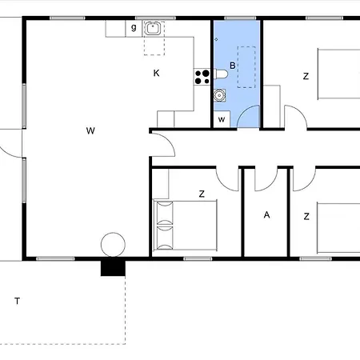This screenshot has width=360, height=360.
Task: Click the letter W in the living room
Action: point(90,130)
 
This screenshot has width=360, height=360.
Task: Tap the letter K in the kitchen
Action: point(157,73)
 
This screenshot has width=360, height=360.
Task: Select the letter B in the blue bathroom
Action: point(233,66)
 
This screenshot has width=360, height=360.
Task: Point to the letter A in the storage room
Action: point(266,214)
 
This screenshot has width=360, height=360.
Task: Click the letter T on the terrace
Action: point(17,301)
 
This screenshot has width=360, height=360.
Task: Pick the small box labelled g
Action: point(134,29)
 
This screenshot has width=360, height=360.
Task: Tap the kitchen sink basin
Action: point(152,28)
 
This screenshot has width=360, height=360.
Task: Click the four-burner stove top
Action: point(202,77)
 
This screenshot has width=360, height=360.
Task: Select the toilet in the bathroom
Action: point(221,74)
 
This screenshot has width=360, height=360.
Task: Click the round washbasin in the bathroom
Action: point(219,95)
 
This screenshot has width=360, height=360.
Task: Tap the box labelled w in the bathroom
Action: point(222,119)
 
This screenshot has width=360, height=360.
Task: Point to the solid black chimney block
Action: point(113,268)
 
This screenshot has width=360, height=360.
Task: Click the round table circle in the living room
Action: point(113,245)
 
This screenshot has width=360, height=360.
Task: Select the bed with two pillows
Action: point(186,226)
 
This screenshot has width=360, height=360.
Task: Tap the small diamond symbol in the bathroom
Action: point(216,39)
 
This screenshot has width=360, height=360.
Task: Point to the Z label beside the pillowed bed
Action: point(202,194)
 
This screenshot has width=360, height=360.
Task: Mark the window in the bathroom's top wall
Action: point(240,18)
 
